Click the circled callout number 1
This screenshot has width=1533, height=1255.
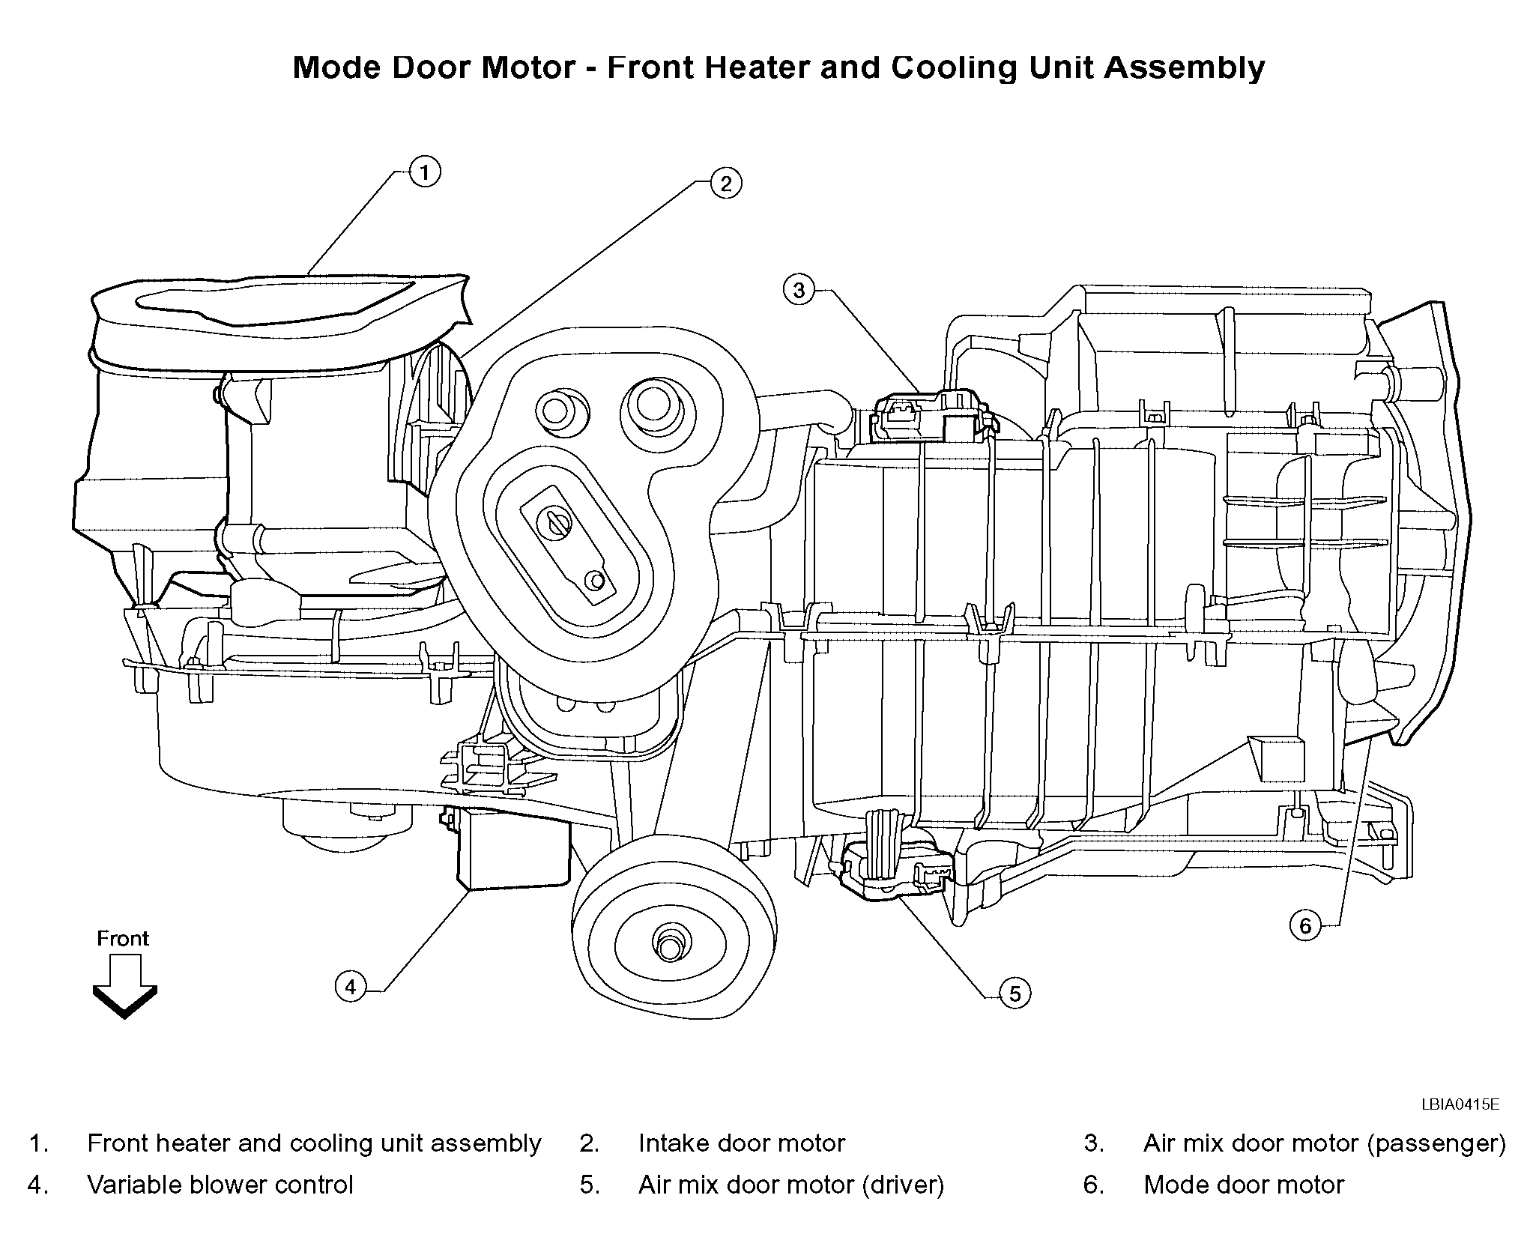tap(425, 173)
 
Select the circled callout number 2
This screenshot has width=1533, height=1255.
tap(725, 184)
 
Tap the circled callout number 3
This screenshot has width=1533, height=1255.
tap(799, 290)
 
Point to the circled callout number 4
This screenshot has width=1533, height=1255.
tap(351, 987)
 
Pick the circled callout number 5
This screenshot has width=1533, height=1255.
tap(1015, 994)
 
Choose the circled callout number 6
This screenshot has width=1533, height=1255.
tap(1305, 926)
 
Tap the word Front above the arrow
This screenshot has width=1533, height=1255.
tap(123, 938)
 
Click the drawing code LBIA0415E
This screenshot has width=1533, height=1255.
tap(1460, 1104)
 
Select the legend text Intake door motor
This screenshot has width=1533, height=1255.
tap(742, 1143)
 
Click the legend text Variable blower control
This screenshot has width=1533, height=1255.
tap(220, 1185)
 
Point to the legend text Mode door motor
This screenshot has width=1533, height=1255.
tap(1244, 1185)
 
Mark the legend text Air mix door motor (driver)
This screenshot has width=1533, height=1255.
tap(791, 1185)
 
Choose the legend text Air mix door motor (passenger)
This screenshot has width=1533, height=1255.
tap(1325, 1143)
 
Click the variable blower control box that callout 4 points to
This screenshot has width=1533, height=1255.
tap(513, 850)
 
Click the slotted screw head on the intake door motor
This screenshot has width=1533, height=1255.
tap(557, 522)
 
